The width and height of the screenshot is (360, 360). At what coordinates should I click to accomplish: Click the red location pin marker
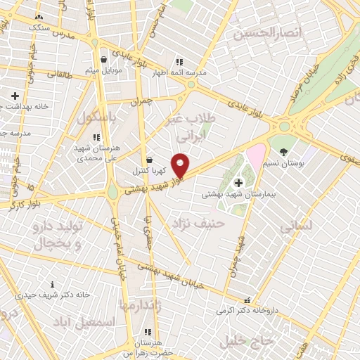[x=181, y=165]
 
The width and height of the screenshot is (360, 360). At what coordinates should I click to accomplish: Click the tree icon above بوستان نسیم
[x=283, y=151]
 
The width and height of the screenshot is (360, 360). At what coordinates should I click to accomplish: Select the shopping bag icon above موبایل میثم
[x=104, y=60]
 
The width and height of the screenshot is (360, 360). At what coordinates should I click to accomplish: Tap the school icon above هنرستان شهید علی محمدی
[x=96, y=137]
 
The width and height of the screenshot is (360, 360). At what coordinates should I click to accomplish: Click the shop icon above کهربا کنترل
[x=148, y=160]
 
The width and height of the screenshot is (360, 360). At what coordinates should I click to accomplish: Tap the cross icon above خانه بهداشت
[x=15, y=95]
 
